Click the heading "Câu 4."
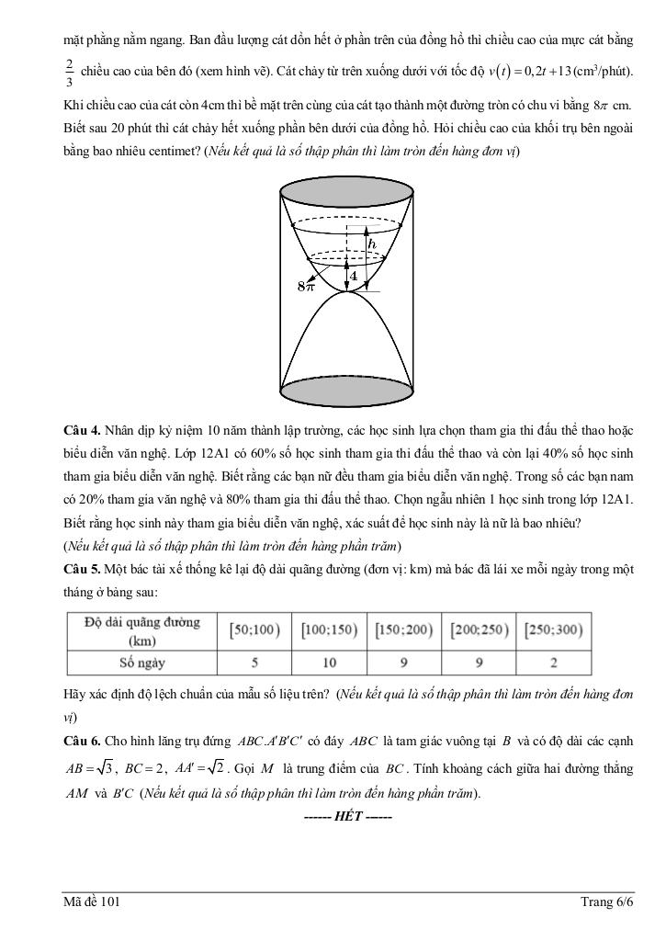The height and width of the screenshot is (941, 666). pyautogui.click(x=82, y=430)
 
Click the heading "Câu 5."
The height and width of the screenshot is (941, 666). pyautogui.click(x=82, y=570)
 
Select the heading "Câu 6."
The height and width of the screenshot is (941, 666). pyautogui.click(x=82, y=741)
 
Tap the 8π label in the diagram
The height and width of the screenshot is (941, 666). pyautogui.click(x=305, y=286)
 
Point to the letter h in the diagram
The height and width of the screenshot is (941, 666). pyautogui.click(x=371, y=244)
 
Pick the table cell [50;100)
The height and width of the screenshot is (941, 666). pyautogui.click(x=253, y=631)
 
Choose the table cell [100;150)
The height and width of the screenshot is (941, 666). pyautogui.click(x=328, y=631)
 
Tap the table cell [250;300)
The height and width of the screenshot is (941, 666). pyautogui.click(x=554, y=631)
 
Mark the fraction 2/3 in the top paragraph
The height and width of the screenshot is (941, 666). pyautogui.click(x=70, y=72)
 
